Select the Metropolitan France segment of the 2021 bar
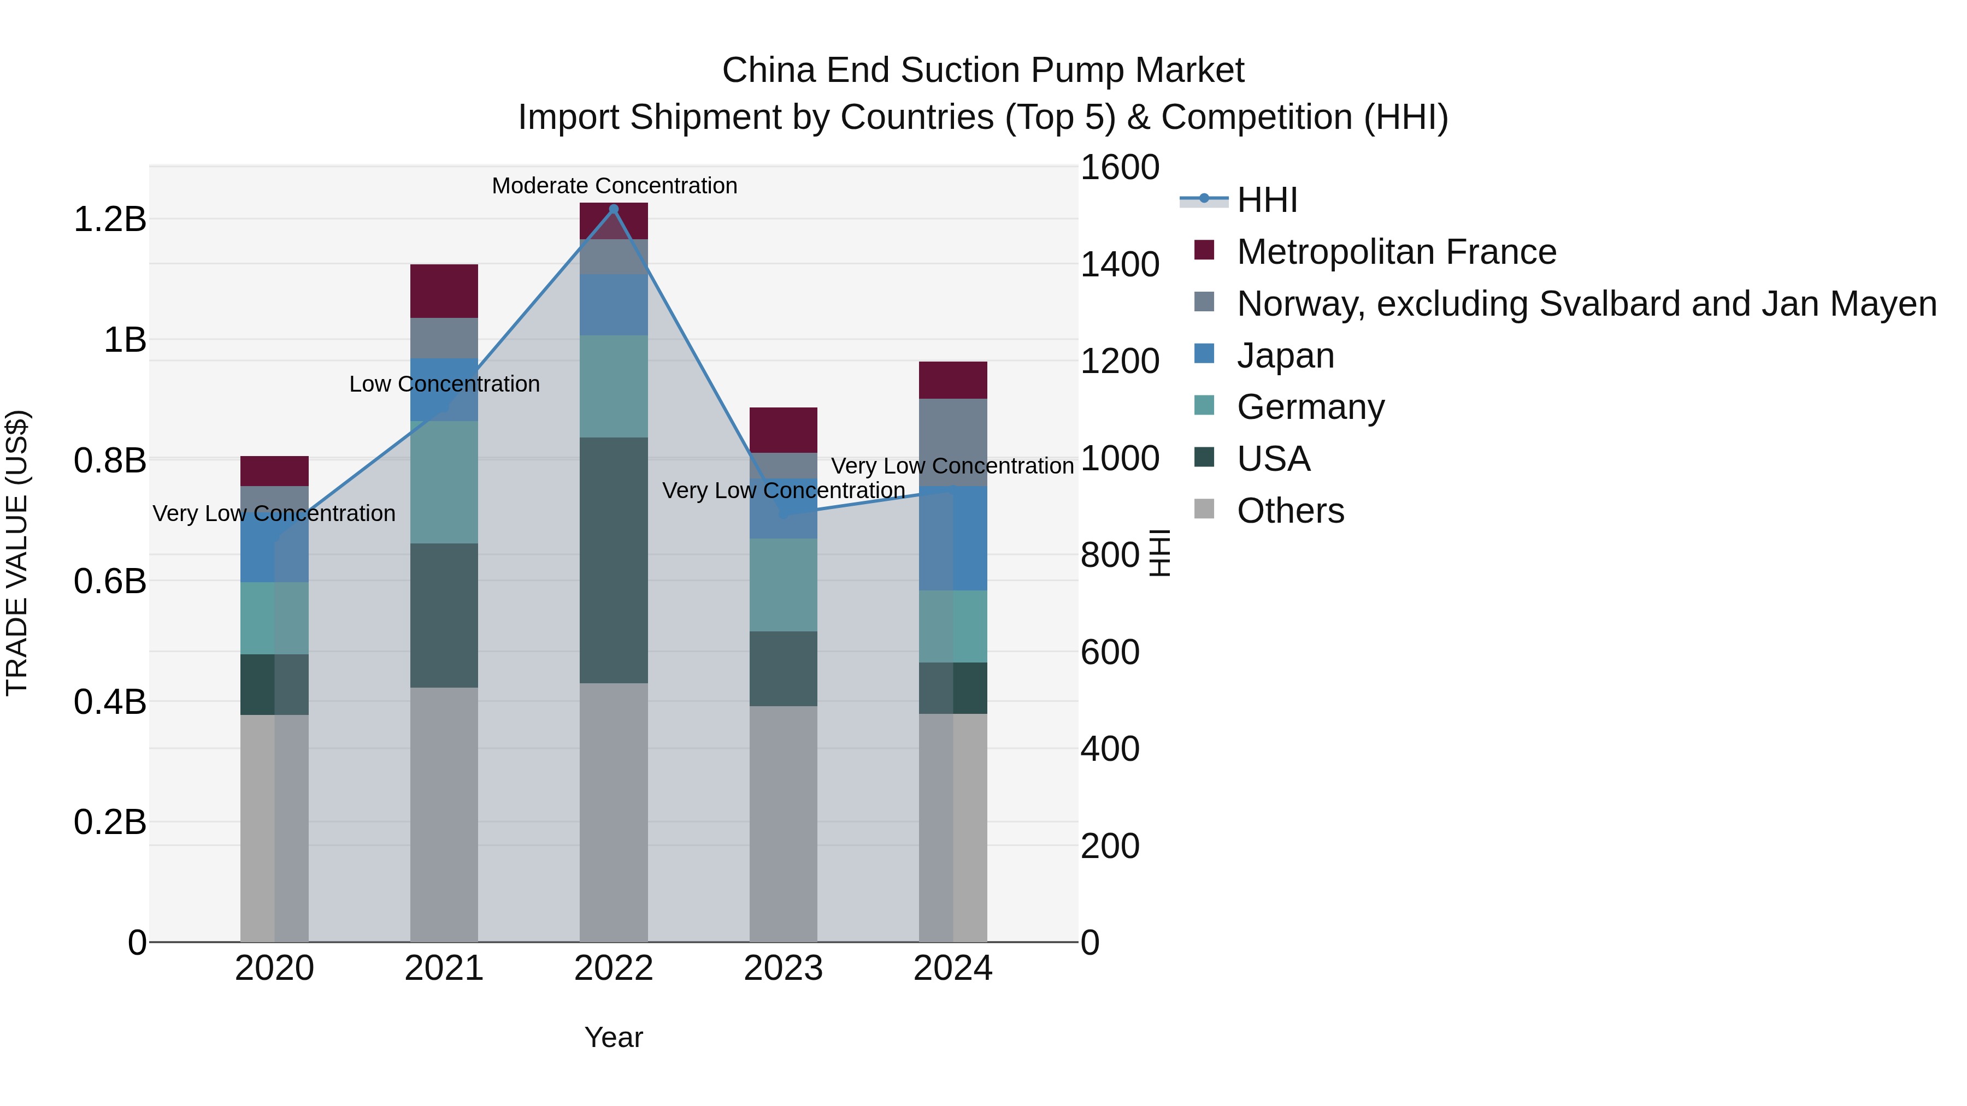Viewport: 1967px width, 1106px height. (x=444, y=291)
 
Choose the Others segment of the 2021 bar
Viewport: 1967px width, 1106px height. (x=444, y=814)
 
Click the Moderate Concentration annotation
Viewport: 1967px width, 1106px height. (x=614, y=186)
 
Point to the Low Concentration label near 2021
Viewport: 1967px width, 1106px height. (x=444, y=384)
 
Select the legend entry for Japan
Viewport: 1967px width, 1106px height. (x=1285, y=356)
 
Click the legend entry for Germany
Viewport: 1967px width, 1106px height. (x=1310, y=407)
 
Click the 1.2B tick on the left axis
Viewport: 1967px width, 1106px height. (x=109, y=220)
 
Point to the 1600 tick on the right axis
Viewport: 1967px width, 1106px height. (x=1120, y=168)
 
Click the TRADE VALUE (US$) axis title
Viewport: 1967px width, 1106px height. (x=17, y=553)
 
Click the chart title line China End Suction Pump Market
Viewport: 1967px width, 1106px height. (x=983, y=70)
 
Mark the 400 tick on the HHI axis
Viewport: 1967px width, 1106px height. (x=1110, y=749)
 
